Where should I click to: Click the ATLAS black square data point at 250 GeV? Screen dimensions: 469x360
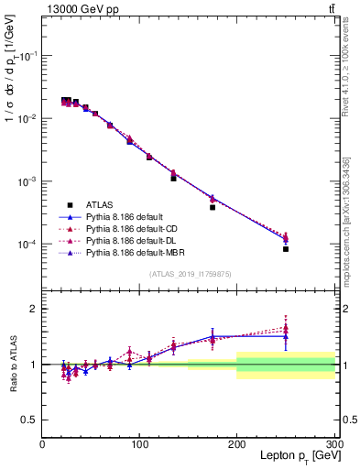(x=286, y=249)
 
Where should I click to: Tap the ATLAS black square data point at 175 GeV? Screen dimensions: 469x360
(x=213, y=207)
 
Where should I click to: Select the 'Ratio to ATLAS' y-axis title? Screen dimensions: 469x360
(x=13, y=365)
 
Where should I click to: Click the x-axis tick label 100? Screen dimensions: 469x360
(x=139, y=443)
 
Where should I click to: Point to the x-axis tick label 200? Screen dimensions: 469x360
(x=237, y=443)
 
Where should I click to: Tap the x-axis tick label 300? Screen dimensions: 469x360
(x=333, y=443)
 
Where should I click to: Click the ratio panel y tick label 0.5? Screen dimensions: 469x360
(x=29, y=420)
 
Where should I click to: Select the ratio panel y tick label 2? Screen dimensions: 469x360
(x=33, y=309)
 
